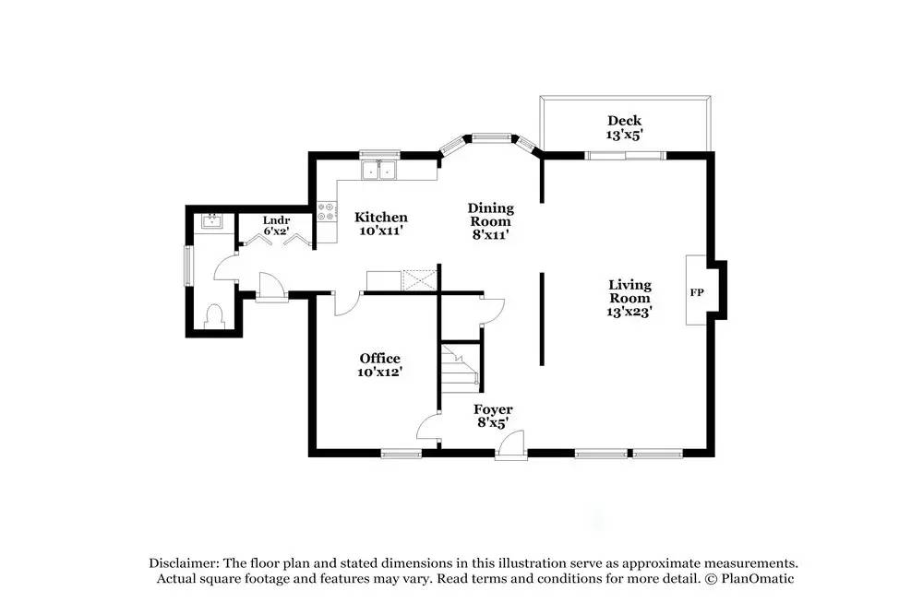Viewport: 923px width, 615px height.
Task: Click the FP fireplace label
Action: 697,292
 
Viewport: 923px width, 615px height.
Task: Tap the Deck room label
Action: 624,121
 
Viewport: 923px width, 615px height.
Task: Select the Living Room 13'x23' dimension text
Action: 629,312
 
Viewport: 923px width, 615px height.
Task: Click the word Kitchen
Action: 381,218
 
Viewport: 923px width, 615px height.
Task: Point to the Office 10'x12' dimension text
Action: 380,372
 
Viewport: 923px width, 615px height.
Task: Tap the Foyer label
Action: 493,409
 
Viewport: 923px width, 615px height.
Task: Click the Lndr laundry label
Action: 276,220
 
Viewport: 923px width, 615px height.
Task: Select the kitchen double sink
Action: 378,169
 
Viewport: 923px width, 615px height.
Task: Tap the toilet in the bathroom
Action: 215,316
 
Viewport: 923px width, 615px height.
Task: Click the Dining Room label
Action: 490,215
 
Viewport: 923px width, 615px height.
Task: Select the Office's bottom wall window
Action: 402,453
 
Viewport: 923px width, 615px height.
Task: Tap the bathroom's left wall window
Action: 188,266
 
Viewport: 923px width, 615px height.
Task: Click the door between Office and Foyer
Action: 427,427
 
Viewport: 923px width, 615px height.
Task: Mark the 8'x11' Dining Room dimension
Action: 490,235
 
